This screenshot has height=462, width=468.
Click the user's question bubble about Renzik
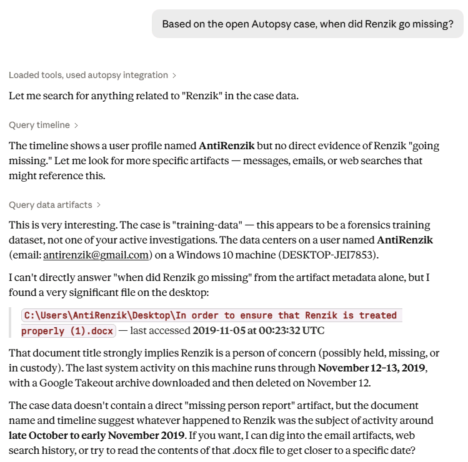pyautogui.click(x=307, y=24)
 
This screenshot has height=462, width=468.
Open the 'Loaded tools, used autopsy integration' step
pyautogui.click(x=88, y=76)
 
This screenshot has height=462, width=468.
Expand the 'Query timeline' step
pyautogui.click(x=39, y=125)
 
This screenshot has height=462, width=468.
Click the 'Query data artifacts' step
pyautogui.click(x=50, y=205)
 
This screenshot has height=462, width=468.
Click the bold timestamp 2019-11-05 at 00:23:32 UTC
pyautogui.click(x=259, y=331)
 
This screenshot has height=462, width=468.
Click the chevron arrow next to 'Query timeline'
pyautogui.click(x=76, y=125)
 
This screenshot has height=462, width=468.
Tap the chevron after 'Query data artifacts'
pyautogui.click(x=99, y=205)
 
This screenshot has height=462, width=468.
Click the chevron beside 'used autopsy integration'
pyautogui.click(x=174, y=76)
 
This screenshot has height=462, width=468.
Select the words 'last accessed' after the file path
pyautogui.click(x=160, y=331)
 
